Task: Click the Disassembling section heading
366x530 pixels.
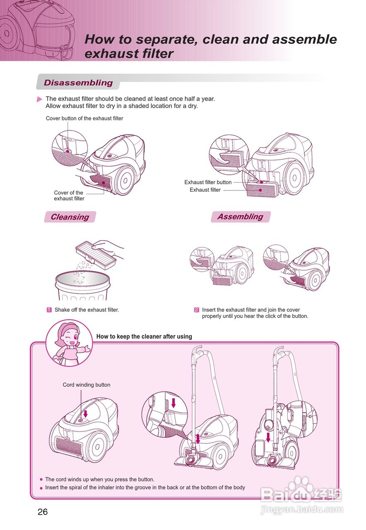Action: [78, 83]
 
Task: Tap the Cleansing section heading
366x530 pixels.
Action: [70, 217]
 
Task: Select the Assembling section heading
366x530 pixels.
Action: [240, 217]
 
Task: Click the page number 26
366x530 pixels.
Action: [43, 512]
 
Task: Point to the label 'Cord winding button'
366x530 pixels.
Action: [86, 385]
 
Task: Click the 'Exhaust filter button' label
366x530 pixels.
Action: [208, 182]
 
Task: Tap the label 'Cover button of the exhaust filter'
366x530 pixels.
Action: [84, 118]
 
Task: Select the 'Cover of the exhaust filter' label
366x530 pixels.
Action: [69, 195]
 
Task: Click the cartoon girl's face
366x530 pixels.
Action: [69, 337]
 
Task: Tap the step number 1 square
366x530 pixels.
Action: [49, 310]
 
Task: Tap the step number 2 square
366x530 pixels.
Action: [196, 310]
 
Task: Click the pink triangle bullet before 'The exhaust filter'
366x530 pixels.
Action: [40, 99]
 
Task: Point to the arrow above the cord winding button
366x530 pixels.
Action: [86, 414]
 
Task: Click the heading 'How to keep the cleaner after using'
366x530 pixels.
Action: [144, 336]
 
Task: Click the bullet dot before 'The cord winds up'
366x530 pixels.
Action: [41, 480]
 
